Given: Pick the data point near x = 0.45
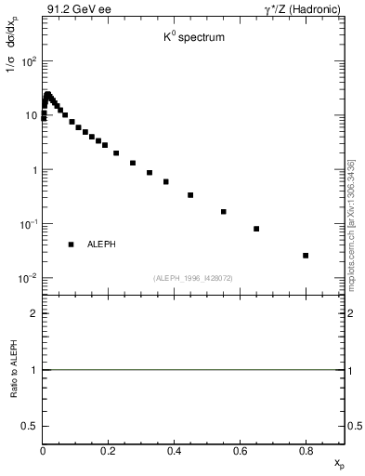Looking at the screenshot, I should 190,195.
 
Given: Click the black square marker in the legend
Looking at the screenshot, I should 71,245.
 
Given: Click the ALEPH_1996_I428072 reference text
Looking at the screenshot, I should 192,277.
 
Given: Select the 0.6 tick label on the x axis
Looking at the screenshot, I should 241,452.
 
